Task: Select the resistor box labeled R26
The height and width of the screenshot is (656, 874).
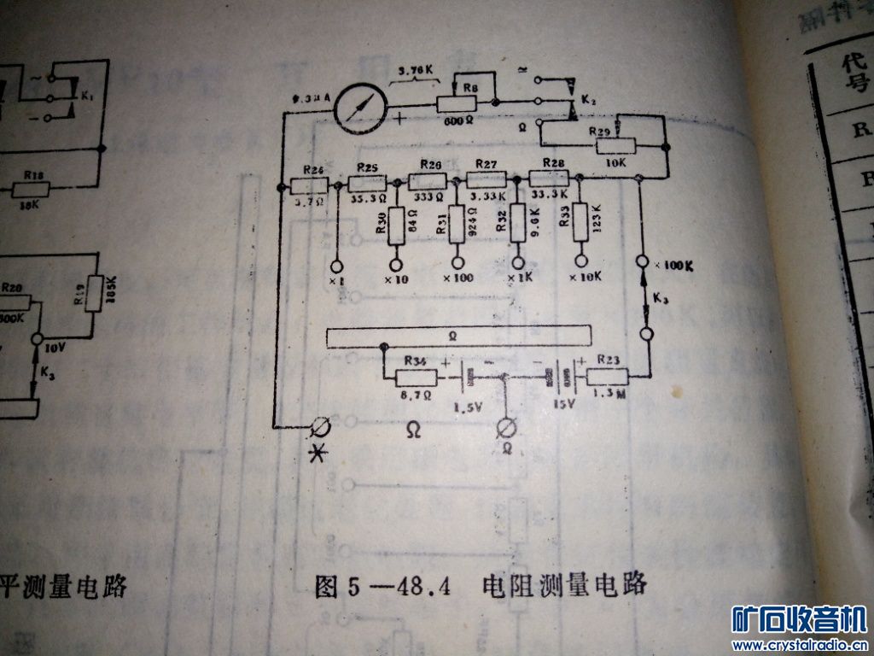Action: [309, 184]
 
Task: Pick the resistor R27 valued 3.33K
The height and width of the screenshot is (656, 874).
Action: [487, 179]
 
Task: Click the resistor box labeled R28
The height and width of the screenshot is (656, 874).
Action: [547, 178]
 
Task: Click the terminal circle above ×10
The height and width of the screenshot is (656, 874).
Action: [395, 261]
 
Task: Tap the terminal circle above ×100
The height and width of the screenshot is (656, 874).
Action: [457, 261]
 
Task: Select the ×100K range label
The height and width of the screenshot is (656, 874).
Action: [674, 265]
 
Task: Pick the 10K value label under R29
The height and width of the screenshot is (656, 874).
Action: [616, 165]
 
